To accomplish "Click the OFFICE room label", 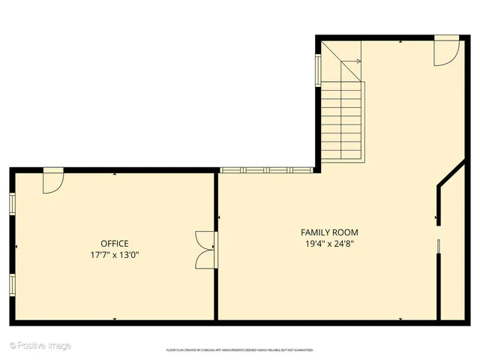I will coord(115,243).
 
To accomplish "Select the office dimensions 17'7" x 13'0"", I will coord(115,255).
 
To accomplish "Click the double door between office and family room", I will coord(205,249).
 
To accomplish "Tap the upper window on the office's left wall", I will coord(12,203).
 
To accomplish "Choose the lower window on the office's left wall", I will coord(12,284).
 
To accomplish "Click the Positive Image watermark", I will coord(40,346).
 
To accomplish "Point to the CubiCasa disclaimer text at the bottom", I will coord(240,350).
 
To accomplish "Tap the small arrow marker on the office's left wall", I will coord(15,246).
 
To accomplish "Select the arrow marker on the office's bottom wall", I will coord(115,319).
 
